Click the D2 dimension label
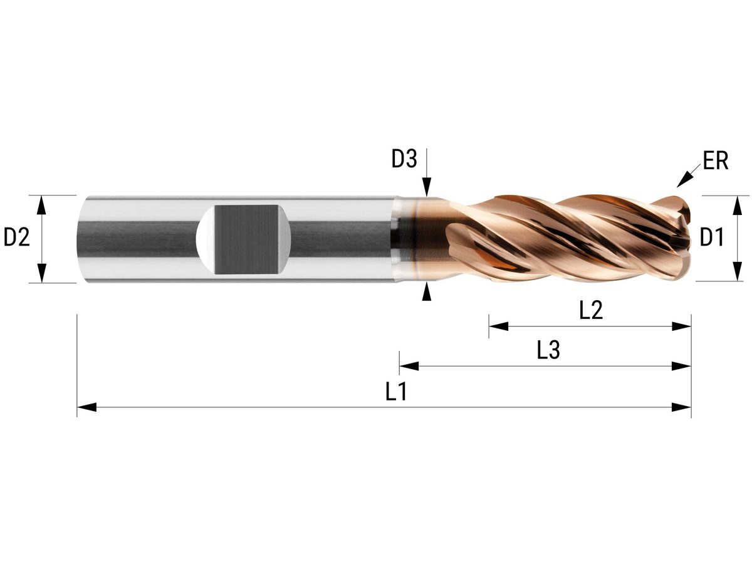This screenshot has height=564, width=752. [x=17, y=238]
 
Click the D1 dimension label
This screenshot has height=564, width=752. [x=711, y=238]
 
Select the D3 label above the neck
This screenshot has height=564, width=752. [x=404, y=160]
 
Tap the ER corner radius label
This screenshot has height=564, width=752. [x=715, y=162]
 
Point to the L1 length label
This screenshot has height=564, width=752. [x=397, y=392]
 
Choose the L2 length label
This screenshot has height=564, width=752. [x=591, y=311]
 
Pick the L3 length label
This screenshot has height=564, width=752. [x=548, y=351]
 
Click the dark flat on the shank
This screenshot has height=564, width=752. [x=246, y=238]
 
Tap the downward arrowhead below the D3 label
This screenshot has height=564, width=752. [x=427, y=187]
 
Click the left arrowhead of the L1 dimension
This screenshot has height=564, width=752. [x=86, y=407]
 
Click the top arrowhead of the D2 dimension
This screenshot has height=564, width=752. [x=42, y=204]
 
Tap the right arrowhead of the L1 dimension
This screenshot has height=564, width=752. [x=681, y=407]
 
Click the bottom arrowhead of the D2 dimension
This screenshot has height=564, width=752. [x=42, y=273]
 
